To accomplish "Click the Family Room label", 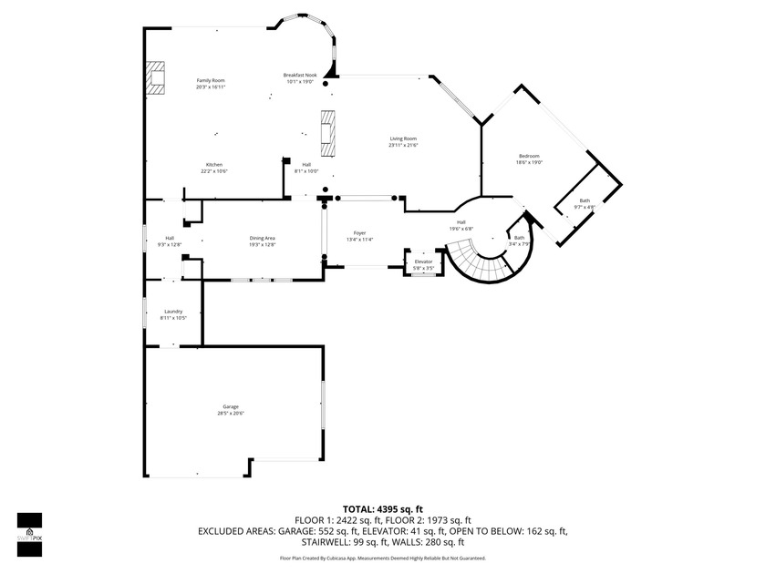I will [x=211, y=84].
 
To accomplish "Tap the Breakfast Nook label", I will [x=299, y=77].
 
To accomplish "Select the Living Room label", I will [x=403, y=141].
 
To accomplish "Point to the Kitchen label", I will [x=214, y=168].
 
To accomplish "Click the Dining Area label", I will [x=263, y=241].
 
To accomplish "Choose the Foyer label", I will [x=360, y=236].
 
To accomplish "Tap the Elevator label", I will [x=423, y=264].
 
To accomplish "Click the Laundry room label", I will [x=173, y=314].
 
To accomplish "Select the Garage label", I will [x=231, y=410].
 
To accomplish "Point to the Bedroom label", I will [x=529, y=159].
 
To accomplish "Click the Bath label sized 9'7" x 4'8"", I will [x=585, y=203].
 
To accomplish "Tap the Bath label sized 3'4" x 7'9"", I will [x=519, y=241].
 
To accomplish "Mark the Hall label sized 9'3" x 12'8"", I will [x=170, y=241].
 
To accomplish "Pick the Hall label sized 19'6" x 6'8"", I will [x=461, y=225].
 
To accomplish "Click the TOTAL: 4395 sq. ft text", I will [x=382, y=508].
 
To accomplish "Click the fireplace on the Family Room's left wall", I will [x=156, y=77].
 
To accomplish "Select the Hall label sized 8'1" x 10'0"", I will [x=306, y=168].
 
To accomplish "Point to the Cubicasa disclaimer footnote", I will [x=382, y=558].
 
